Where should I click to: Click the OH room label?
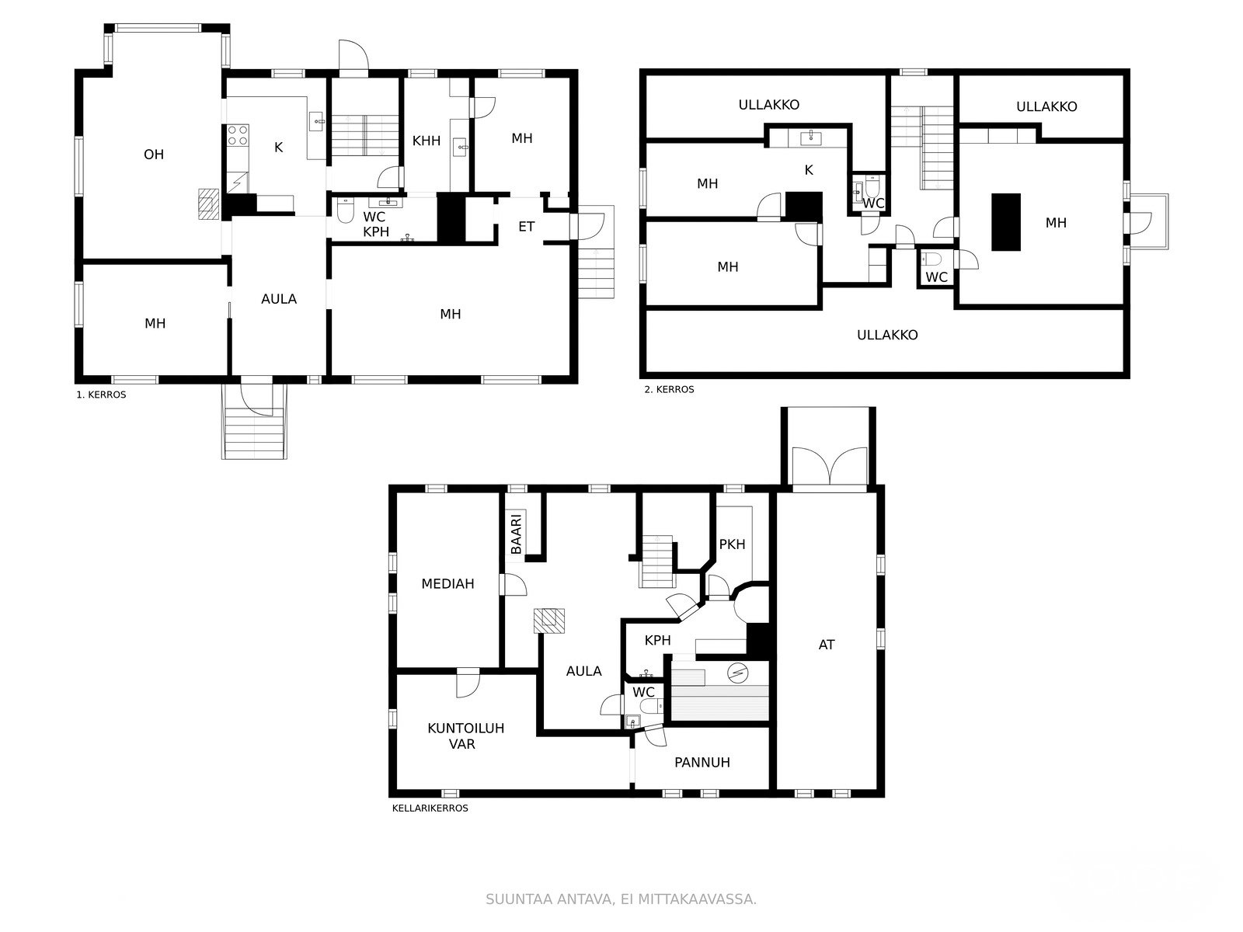[x=154, y=155]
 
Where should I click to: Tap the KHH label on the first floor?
[x=427, y=141]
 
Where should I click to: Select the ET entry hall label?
[x=526, y=227]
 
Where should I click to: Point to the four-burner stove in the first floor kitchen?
[x=238, y=136]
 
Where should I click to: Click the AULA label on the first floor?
[x=278, y=298]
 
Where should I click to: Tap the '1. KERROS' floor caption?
[x=101, y=395]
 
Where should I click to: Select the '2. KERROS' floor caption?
[x=669, y=389]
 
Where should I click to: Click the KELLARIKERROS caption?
[x=430, y=808]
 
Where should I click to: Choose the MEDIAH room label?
[x=447, y=583]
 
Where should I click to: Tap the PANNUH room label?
[x=702, y=762]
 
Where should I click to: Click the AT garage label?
[x=827, y=645]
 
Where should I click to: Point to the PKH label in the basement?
[x=732, y=544]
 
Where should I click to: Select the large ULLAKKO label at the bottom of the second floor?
[x=887, y=335]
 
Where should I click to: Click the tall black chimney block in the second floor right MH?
[x=1006, y=221]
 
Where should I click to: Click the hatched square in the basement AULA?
[x=549, y=621]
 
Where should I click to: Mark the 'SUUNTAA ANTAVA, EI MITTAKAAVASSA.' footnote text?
[x=621, y=899]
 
